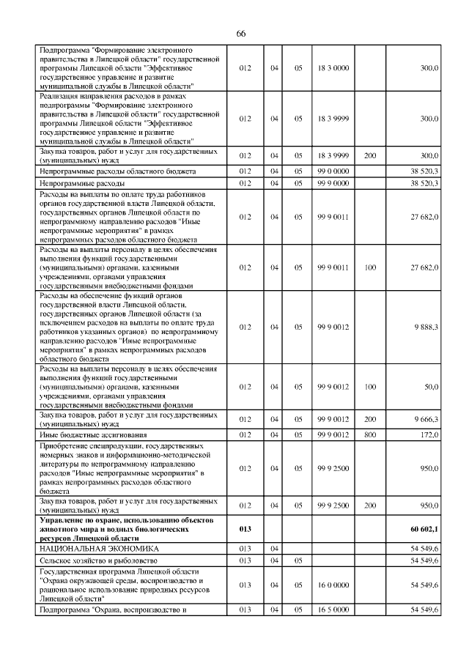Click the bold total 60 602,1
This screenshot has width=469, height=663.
point(424,528)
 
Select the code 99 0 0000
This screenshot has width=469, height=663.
point(333,171)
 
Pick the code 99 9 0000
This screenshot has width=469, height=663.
point(333,183)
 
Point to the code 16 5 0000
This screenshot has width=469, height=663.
point(333,610)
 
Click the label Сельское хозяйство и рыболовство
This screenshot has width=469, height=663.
point(99,560)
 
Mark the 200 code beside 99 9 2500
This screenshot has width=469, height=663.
point(369,505)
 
